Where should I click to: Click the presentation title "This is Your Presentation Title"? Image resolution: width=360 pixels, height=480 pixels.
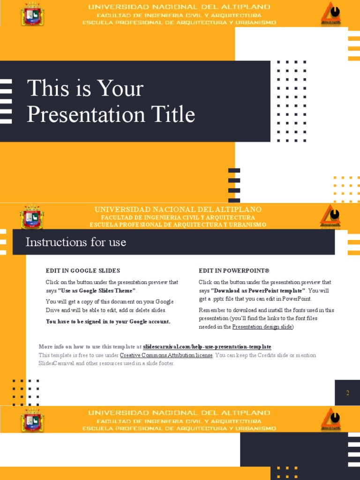pos(111,102)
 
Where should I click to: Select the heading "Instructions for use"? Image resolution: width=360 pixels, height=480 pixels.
pos(75,242)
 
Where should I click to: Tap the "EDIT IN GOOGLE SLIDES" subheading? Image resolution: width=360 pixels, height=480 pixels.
pos(83,270)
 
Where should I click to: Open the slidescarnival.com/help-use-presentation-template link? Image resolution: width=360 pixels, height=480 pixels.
pos(207,347)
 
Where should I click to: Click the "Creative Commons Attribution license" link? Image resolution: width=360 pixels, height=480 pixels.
pos(166,355)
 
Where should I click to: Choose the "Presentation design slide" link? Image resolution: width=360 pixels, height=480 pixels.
pos(262,327)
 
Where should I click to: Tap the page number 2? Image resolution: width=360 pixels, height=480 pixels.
pos(347,393)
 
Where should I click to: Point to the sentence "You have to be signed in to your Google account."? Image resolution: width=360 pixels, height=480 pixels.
pos(108,322)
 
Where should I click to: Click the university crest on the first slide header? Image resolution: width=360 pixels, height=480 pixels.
pos(32,14)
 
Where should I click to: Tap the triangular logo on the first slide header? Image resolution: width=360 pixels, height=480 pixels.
pos(330,14)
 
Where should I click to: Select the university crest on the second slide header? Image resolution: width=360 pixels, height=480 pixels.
pos(32,217)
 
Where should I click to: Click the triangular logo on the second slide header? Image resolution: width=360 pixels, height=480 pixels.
pos(330,217)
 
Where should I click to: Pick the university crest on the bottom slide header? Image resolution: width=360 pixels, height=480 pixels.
pos(32,420)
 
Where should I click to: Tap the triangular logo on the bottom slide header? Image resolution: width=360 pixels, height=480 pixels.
pos(330,420)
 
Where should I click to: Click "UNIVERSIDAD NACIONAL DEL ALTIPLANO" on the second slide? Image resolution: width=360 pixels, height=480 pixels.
pos(178,210)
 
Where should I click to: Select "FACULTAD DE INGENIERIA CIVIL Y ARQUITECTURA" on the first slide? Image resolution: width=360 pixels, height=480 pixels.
pos(179,15)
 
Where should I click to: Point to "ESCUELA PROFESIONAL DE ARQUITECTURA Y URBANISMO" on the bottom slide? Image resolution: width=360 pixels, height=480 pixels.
pos(179,428)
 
